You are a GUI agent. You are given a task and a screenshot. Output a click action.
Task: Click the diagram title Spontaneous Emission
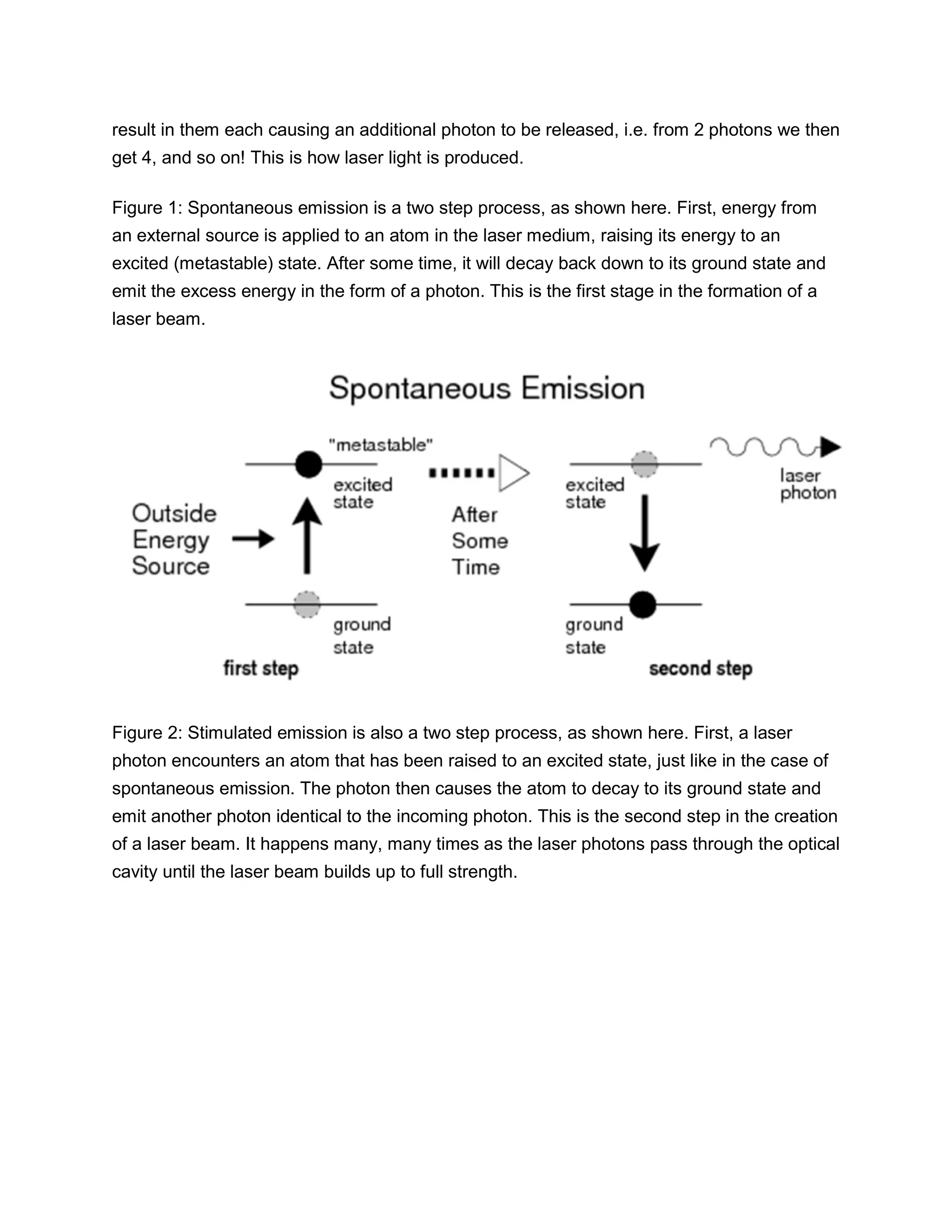click(x=486, y=389)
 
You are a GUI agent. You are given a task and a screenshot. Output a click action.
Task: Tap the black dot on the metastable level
click(x=309, y=464)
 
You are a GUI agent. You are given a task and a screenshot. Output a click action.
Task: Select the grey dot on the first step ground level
click(x=307, y=604)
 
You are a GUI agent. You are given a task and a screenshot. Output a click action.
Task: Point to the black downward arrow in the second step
click(x=645, y=533)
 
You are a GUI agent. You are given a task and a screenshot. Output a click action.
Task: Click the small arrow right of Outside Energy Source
click(x=253, y=539)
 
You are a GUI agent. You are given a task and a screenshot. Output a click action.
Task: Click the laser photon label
click(x=807, y=484)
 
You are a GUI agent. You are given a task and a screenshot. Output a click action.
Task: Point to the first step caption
click(x=261, y=669)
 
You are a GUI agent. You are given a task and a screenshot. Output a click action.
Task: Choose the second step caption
click(x=700, y=669)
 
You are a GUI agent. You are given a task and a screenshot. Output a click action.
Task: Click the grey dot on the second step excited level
click(x=644, y=464)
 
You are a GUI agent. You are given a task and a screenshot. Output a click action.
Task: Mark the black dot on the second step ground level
click(x=642, y=605)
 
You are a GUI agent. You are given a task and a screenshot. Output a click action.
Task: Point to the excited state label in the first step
click(x=362, y=493)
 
